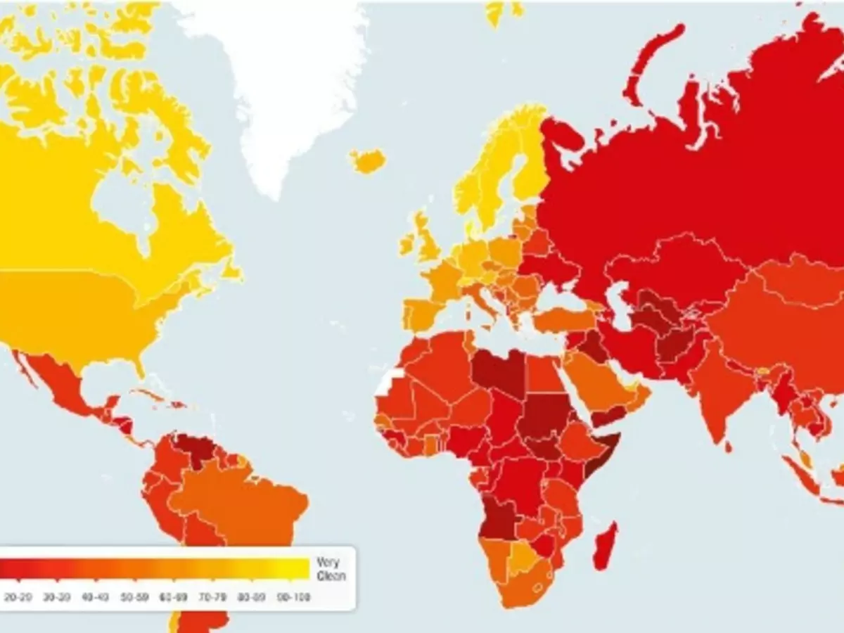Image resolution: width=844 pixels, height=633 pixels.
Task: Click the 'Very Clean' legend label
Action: point(328,569)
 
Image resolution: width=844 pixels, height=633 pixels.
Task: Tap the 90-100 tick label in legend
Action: point(293,598)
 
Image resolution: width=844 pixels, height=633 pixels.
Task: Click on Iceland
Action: point(368,161)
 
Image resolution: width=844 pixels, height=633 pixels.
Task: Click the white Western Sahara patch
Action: point(388,381)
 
